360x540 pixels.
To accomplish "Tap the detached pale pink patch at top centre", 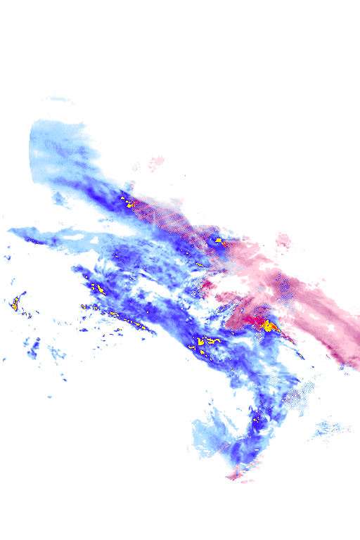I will [x=155, y=161].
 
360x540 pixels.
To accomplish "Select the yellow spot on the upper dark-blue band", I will [x=130, y=204].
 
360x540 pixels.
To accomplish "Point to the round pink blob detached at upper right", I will [x=284, y=241].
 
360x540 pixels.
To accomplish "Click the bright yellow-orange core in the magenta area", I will [x=269, y=325].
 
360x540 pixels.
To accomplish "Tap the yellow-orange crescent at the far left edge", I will [x=15, y=304].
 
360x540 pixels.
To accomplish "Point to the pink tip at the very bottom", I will [x=236, y=475].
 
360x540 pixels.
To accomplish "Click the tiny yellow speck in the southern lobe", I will [x=256, y=420].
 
